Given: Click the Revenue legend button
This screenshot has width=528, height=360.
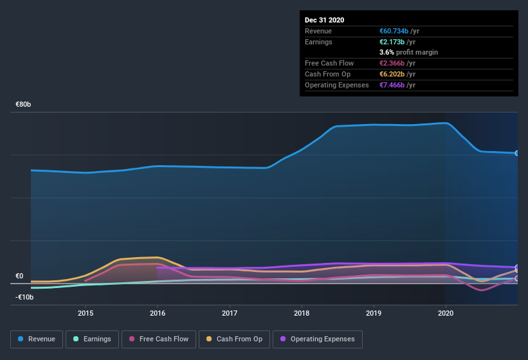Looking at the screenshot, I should pos(37,339).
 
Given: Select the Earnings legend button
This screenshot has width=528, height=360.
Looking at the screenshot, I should pos(92,339).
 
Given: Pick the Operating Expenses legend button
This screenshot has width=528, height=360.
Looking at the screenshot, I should pos(317,339).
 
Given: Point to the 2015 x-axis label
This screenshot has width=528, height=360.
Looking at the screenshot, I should pos(86,313).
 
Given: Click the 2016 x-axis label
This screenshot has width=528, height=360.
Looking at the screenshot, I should pos(158,313).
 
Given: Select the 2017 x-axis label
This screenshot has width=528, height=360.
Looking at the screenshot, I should pos(230,313).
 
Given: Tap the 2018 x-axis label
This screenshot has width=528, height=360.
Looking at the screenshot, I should pos(302,313).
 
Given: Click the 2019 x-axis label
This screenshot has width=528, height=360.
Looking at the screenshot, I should pos(374,313).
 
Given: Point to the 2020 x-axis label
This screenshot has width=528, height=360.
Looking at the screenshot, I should pos(446,313).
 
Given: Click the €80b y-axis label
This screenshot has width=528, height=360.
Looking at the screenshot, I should pos(24,104).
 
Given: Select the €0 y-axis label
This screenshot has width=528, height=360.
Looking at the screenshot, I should pos(19,276).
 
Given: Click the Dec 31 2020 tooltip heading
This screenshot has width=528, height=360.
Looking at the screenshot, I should pos(324,20).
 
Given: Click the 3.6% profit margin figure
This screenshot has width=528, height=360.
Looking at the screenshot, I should pos(387,52).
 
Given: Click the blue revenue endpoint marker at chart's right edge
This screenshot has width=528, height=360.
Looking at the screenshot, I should pos(517,153).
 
